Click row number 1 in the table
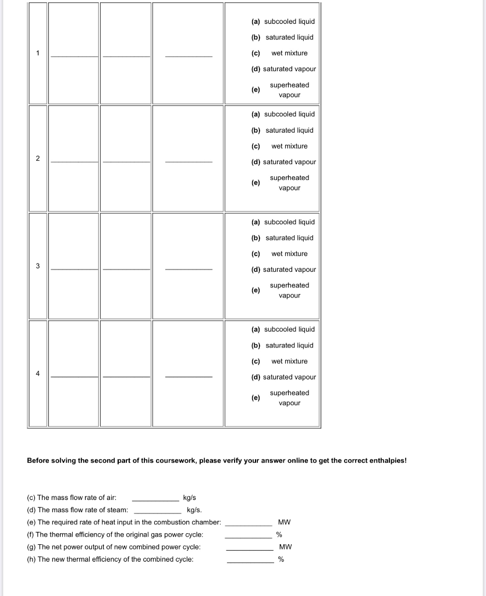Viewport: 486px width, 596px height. click(38, 53)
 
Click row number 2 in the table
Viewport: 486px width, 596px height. click(38, 158)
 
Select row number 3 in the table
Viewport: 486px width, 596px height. click(38, 266)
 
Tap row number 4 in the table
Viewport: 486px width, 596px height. click(38, 374)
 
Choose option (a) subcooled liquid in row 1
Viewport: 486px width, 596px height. click(283, 22)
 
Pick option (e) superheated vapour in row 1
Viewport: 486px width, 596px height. click(283, 90)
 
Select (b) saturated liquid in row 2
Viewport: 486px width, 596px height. click(283, 130)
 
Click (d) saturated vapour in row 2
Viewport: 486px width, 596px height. click(283, 162)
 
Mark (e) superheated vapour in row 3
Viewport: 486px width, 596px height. click(283, 290)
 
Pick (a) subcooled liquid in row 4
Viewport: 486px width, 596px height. click(283, 329)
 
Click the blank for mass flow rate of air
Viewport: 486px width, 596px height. click(155, 499)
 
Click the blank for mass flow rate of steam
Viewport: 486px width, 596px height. click(157, 511)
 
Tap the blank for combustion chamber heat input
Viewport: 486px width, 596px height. click(249, 523)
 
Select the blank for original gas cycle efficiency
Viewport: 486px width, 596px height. click(249, 535)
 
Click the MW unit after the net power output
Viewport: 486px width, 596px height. click(285, 547)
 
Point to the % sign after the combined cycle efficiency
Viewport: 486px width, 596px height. click(281, 559)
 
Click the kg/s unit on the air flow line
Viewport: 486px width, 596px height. click(190, 498)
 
